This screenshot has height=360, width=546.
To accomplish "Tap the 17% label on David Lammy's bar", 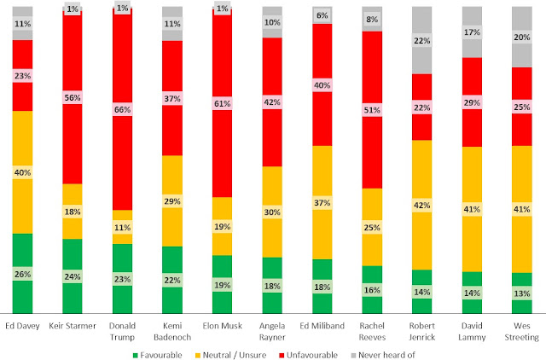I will tap(473, 32).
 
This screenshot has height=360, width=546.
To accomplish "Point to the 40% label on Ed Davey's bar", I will tap(23, 171).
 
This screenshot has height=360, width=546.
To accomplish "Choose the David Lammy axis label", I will tap(473, 332).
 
